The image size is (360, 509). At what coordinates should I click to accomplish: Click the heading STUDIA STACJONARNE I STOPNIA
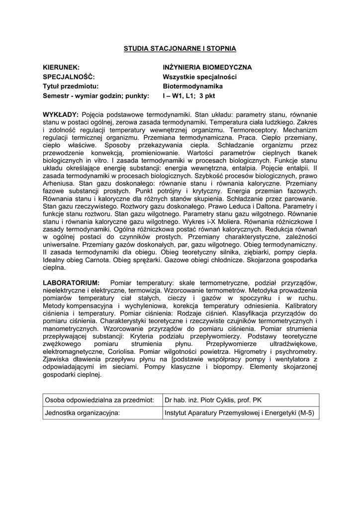pos(180,48)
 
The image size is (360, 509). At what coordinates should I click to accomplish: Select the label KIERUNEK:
pos(62,67)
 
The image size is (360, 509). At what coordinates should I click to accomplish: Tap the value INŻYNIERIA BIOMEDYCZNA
pos(207,67)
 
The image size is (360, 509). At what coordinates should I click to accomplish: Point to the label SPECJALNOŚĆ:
pos(69,77)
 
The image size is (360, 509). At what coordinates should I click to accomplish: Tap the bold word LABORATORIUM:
pos(72,282)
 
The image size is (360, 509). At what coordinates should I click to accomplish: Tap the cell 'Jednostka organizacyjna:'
pos(83,412)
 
